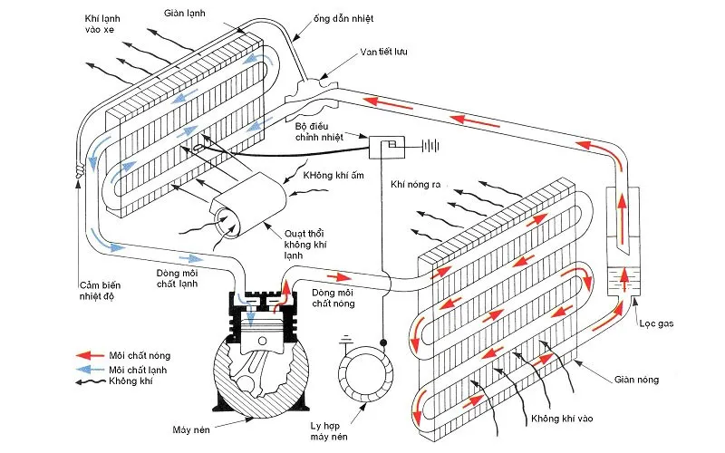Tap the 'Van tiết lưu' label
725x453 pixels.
[382, 53]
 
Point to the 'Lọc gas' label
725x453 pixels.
[653, 324]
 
